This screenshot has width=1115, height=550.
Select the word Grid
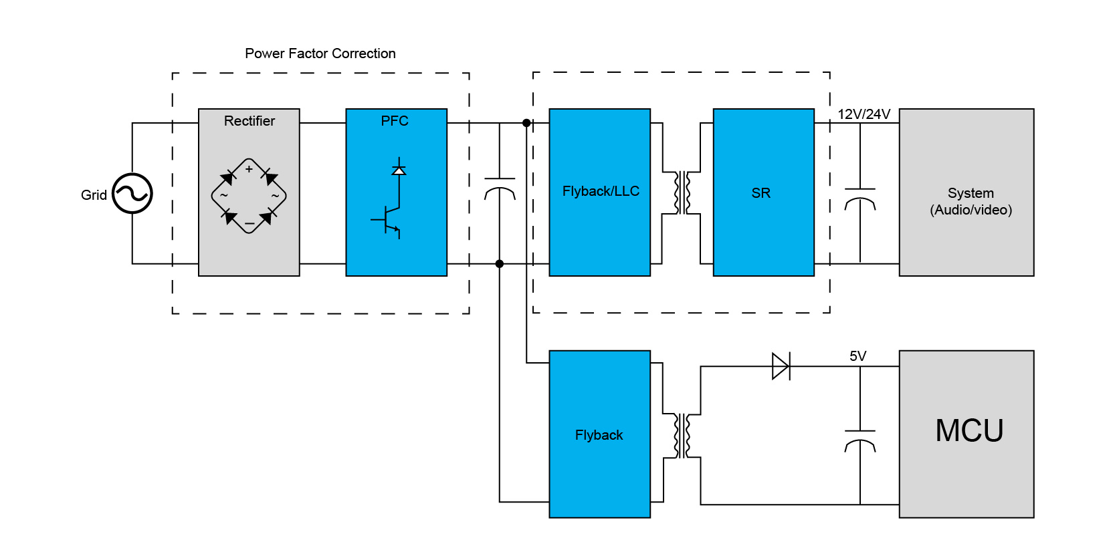(x=94, y=195)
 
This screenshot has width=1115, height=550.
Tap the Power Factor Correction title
(x=320, y=53)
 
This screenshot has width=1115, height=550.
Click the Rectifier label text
(x=249, y=121)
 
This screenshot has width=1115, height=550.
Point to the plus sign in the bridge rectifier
(x=249, y=169)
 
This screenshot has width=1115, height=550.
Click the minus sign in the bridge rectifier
(x=249, y=223)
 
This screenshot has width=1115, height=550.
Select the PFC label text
(x=395, y=121)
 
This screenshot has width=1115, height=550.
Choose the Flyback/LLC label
(x=601, y=191)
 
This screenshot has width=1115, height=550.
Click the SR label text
(x=761, y=193)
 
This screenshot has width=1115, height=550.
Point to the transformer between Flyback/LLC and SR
(x=682, y=193)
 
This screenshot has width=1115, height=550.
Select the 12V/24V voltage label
(x=864, y=114)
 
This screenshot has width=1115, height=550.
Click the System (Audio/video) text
(x=971, y=201)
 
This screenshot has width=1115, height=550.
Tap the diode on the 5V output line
(x=781, y=366)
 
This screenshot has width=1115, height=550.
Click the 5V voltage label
(x=858, y=356)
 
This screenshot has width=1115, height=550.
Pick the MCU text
(x=969, y=430)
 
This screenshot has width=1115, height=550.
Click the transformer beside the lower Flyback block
(x=682, y=436)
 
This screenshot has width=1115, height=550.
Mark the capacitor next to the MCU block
(x=860, y=441)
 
